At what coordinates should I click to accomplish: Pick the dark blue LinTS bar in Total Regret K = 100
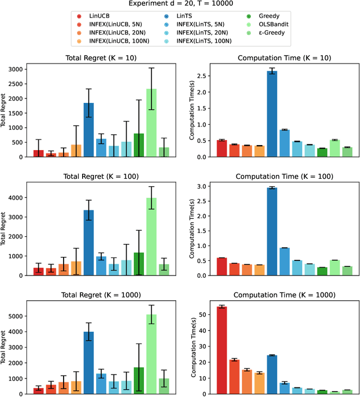(89, 242)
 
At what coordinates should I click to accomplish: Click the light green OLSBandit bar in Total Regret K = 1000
(151, 354)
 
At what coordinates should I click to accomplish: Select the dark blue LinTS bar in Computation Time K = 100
(272, 231)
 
